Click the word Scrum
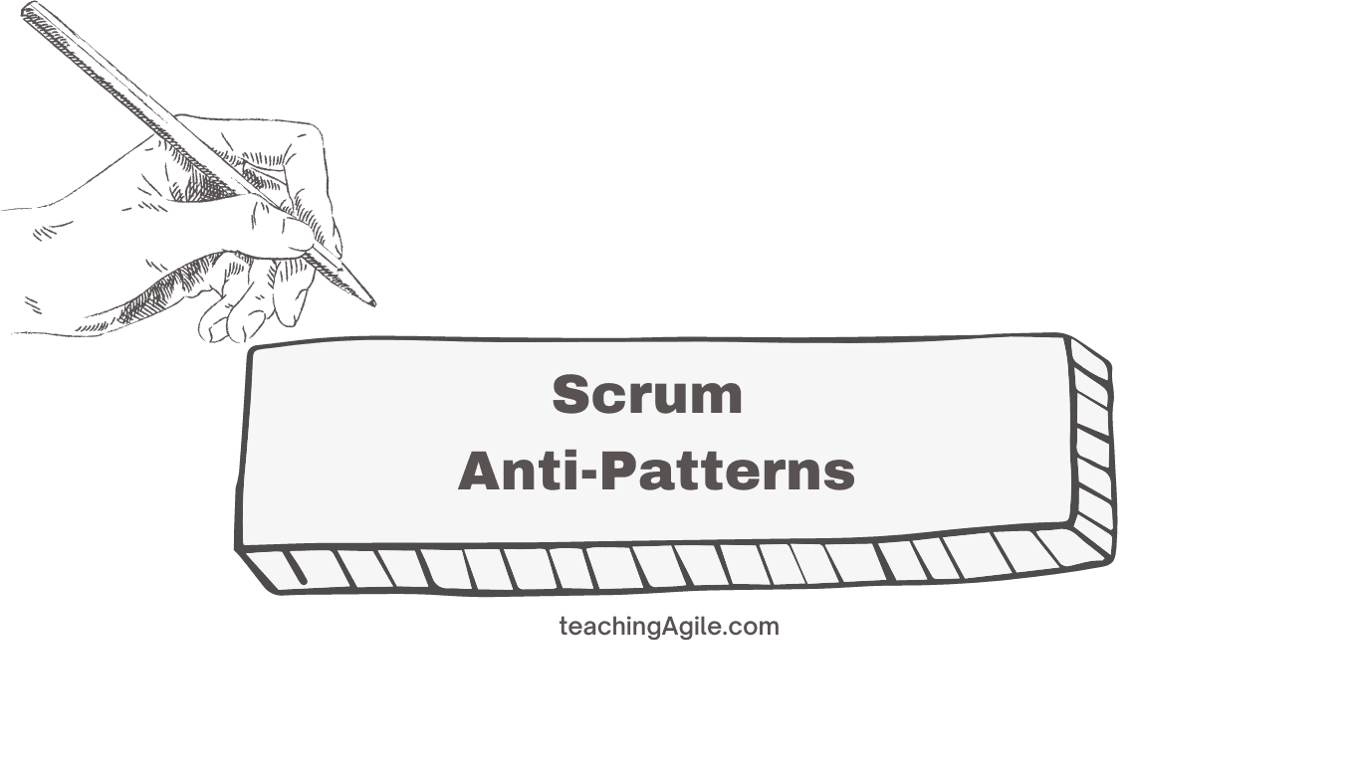(647, 395)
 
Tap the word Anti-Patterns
(656, 471)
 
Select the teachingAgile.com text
(669, 627)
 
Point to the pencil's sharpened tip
(372, 302)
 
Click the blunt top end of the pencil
(27, 10)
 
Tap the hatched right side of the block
(1092, 448)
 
